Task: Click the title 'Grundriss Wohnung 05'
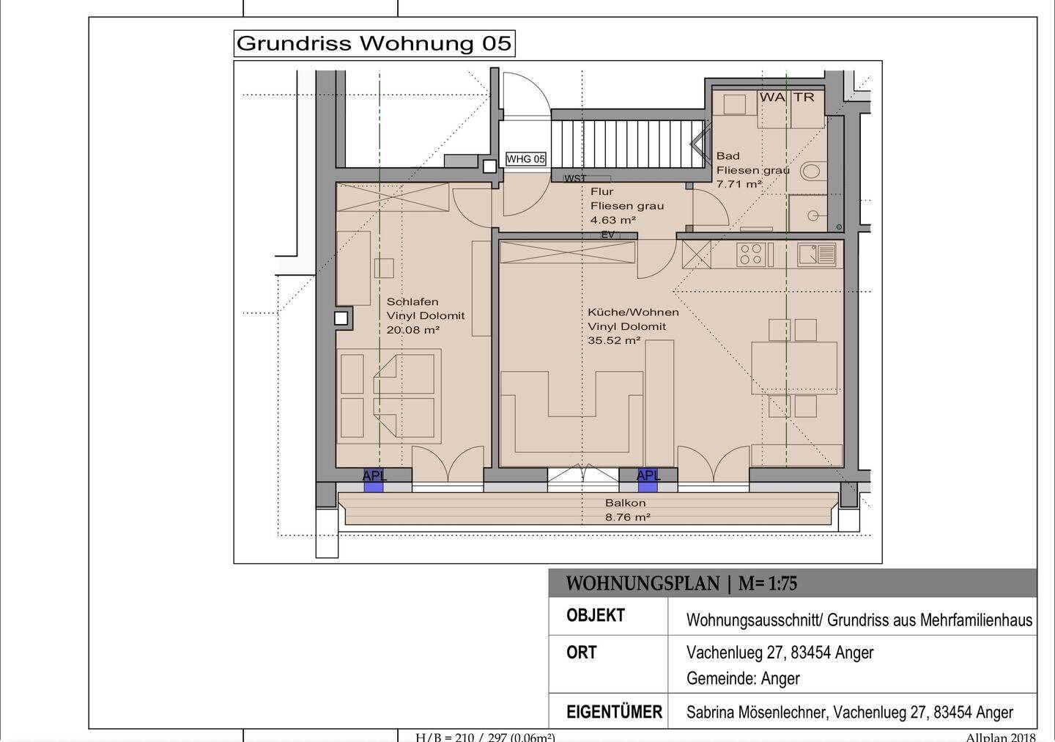pyautogui.click(x=374, y=43)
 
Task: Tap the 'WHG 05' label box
pyautogui.click(x=525, y=159)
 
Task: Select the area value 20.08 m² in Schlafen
pyautogui.click(x=413, y=330)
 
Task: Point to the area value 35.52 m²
pyautogui.click(x=614, y=340)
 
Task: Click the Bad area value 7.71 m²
pyautogui.click(x=739, y=184)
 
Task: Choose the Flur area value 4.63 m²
pyautogui.click(x=613, y=220)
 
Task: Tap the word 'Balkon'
pyautogui.click(x=625, y=503)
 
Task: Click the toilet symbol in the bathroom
pyautogui.click(x=813, y=171)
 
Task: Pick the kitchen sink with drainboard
pyautogui.click(x=817, y=254)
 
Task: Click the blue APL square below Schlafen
pyautogui.click(x=373, y=481)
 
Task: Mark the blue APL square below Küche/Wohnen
pyautogui.click(x=647, y=481)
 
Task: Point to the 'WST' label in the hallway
pyautogui.click(x=575, y=179)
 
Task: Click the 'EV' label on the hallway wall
pyautogui.click(x=607, y=235)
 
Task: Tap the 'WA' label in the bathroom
pyautogui.click(x=772, y=98)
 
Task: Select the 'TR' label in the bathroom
pyautogui.click(x=804, y=98)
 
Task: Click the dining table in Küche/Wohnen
pyautogui.click(x=794, y=367)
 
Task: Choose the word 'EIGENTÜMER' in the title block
pyautogui.click(x=614, y=712)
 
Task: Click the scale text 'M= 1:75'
pyautogui.click(x=767, y=584)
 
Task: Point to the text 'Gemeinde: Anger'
pyautogui.click(x=743, y=678)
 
